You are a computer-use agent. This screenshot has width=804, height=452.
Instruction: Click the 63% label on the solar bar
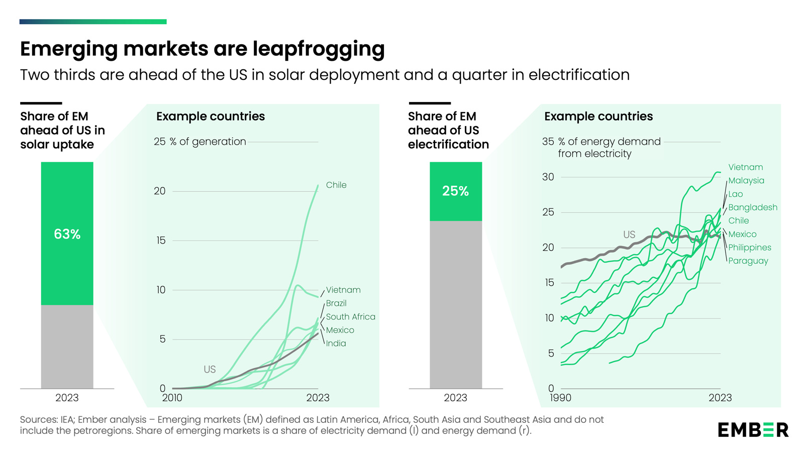67,234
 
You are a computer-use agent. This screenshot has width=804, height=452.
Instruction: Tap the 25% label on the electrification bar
455,191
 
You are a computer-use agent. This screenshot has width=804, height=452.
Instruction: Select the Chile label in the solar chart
336,185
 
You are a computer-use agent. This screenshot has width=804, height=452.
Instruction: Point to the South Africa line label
350,316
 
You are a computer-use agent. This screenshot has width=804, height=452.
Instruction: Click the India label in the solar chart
336,344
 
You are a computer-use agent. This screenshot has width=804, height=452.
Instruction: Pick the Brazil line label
336,303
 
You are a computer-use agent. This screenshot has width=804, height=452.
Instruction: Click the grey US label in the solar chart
210,369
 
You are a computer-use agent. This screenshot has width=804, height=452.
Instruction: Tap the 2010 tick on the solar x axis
172,398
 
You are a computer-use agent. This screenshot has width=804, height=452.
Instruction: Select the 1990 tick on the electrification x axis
560,398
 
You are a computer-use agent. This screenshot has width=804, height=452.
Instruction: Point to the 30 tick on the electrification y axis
548,177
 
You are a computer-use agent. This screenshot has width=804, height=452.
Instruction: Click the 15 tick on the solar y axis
160,241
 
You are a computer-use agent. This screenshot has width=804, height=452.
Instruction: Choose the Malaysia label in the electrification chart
746,180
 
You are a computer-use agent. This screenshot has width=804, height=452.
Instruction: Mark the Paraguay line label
748,261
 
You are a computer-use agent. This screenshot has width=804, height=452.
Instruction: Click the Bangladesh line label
753,207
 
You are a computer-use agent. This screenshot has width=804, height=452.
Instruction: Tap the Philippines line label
750,248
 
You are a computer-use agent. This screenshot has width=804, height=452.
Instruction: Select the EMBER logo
753,430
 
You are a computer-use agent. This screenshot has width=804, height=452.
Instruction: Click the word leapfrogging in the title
319,49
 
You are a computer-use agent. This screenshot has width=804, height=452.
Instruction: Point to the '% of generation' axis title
208,142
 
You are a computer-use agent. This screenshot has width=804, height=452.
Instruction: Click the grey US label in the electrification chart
629,235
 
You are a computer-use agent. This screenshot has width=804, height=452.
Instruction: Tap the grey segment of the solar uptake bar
67,347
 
